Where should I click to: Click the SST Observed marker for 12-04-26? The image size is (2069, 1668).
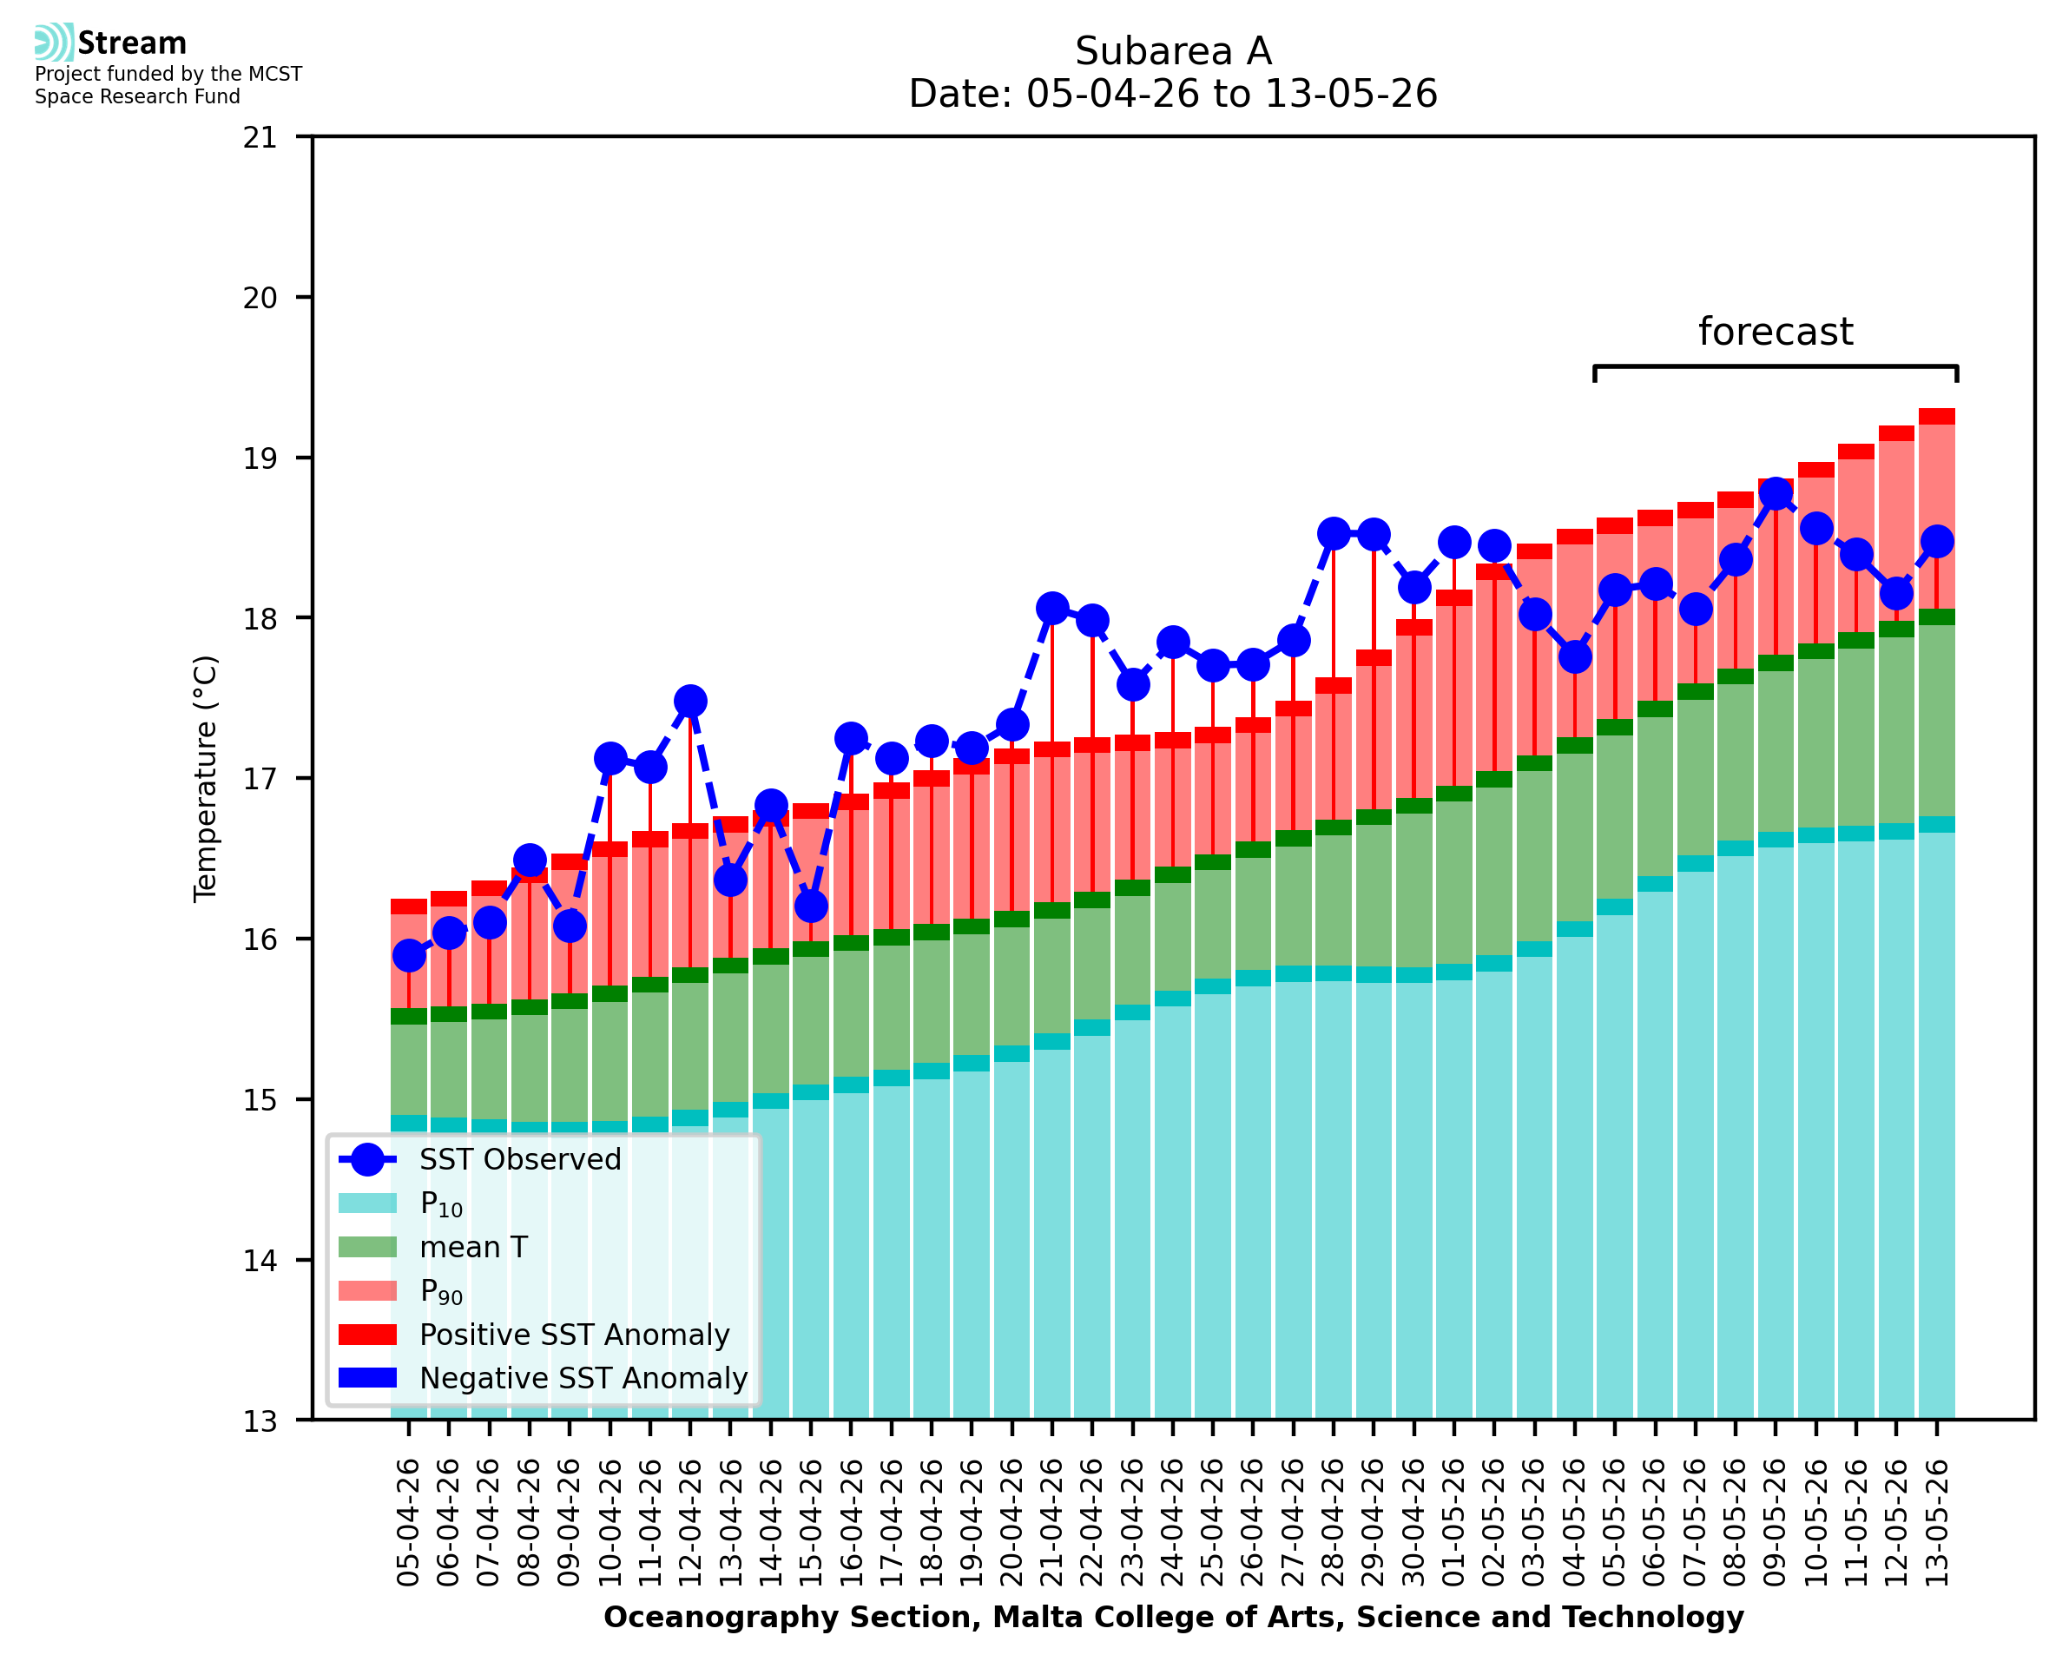click(x=689, y=702)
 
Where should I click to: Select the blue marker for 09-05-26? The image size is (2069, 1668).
click(x=1775, y=494)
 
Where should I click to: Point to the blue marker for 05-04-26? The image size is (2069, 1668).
click(x=409, y=956)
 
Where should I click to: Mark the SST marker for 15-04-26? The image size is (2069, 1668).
click(x=811, y=906)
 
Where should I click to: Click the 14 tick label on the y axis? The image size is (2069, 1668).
click(x=260, y=1261)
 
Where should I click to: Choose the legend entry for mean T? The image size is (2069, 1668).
click(x=434, y=1247)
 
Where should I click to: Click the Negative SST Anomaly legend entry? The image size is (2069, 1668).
click(x=544, y=1378)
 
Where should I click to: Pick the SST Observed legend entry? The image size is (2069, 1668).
click(x=480, y=1160)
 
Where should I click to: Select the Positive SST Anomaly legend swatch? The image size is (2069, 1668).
click(x=368, y=1335)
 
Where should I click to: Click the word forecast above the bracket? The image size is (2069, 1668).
click(x=1775, y=332)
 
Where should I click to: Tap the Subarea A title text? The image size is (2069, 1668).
click(x=1173, y=51)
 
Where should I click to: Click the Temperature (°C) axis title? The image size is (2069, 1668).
click(x=206, y=778)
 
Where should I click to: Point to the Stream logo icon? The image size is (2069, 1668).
click(x=54, y=43)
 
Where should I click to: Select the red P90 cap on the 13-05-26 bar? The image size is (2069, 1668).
click(x=1936, y=416)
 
